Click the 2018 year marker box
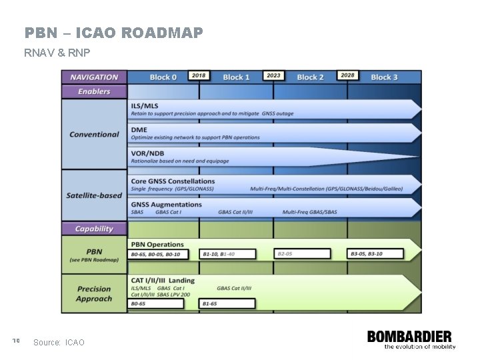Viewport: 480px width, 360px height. point(199,76)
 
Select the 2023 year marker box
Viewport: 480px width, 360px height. point(273,76)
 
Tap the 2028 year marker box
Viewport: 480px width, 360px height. point(347,76)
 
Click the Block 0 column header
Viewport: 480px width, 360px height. point(163,77)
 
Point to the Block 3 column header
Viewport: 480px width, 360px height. point(383,77)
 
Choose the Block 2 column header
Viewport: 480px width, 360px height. point(310,77)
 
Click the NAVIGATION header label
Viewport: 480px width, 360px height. point(94,77)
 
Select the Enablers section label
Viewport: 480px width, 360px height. point(94,91)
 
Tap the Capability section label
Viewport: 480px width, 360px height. point(94,229)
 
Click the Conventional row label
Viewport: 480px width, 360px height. point(94,135)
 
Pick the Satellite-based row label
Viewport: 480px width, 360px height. point(94,195)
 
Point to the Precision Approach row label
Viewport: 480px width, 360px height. point(94,294)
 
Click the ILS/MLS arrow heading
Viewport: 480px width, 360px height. point(145,106)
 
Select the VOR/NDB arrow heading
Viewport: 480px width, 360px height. point(147,153)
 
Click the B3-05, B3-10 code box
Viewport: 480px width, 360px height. point(375,254)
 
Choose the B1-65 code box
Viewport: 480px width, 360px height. point(227,304)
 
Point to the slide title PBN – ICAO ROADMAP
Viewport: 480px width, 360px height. point(113,33)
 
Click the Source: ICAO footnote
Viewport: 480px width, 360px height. point(59,343)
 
